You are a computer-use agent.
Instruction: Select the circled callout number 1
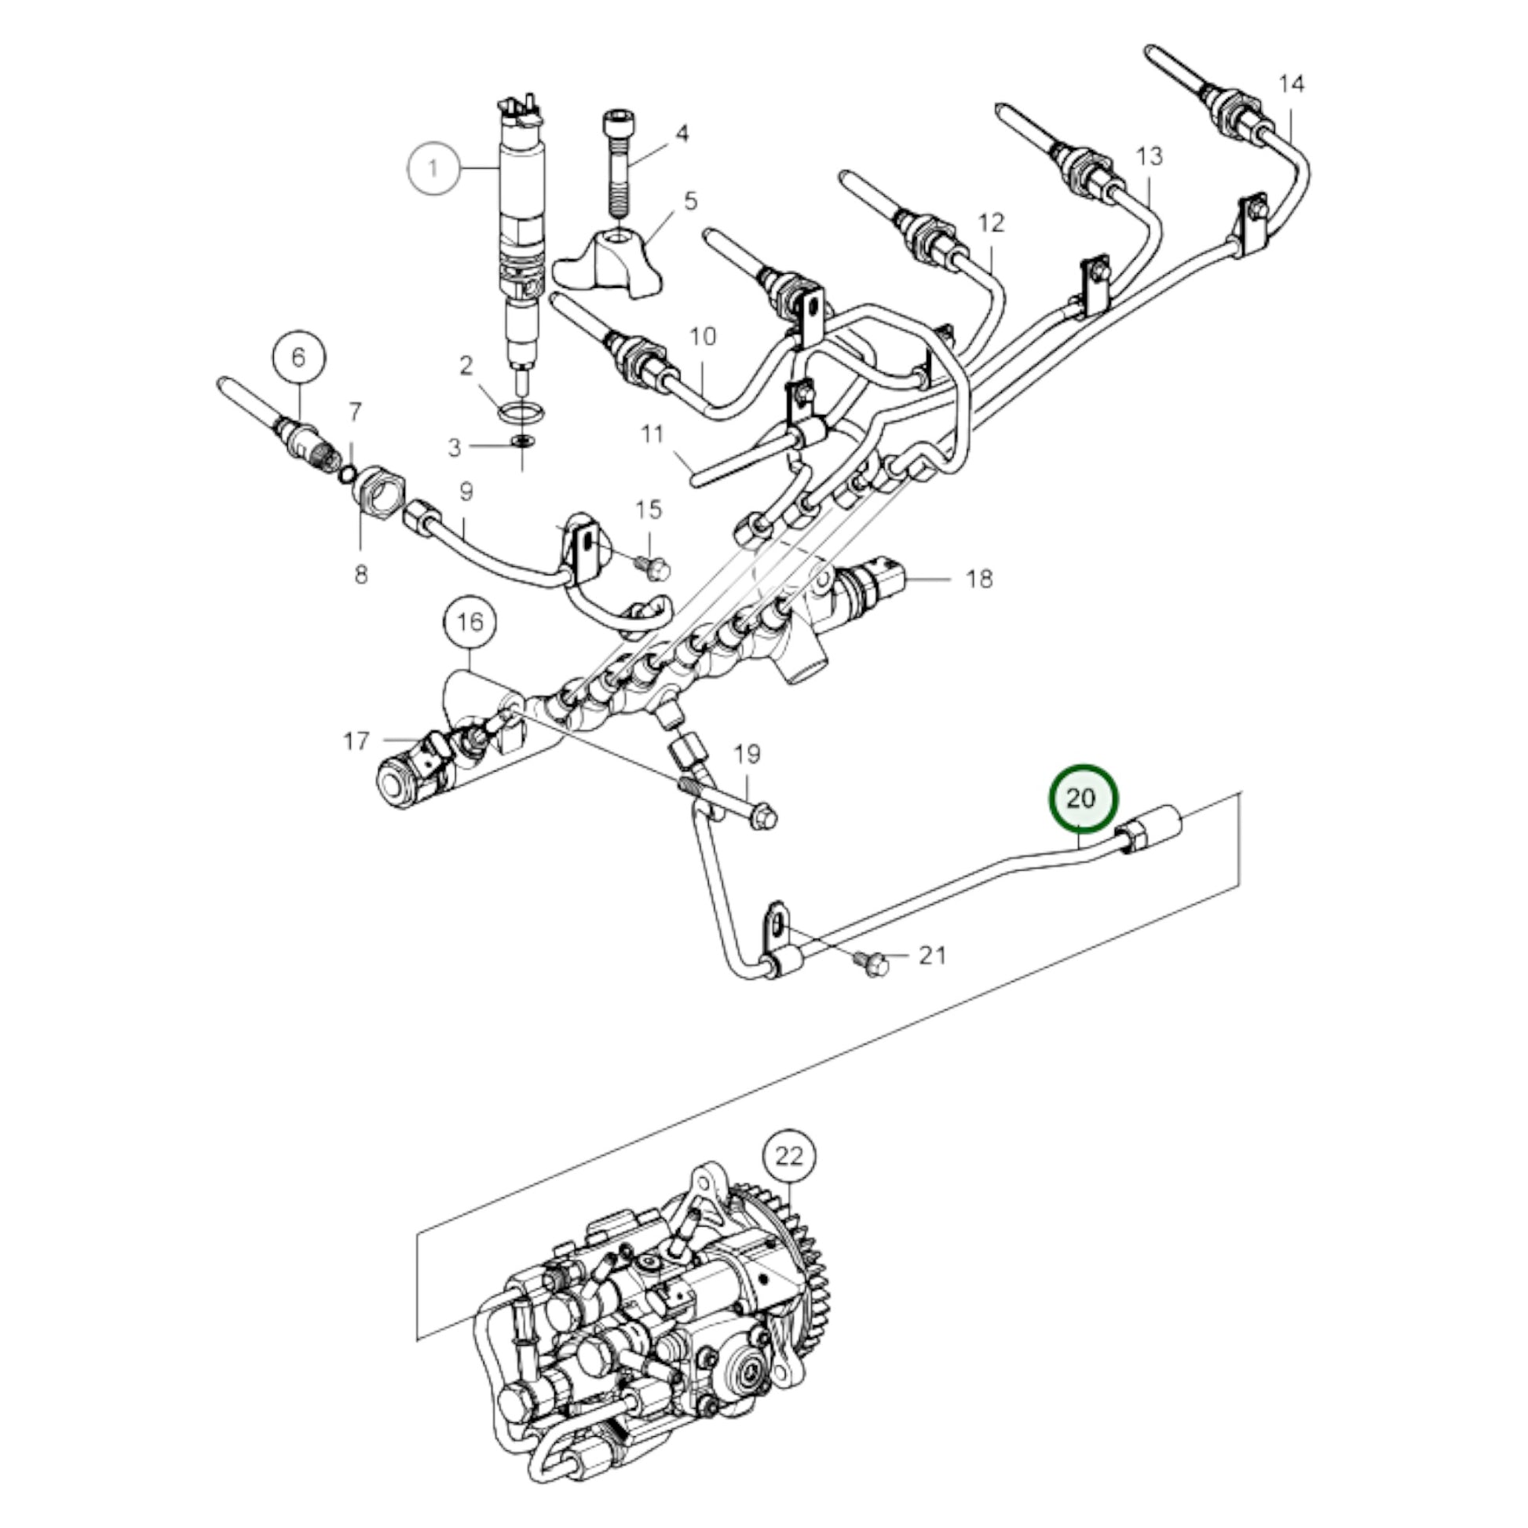433,168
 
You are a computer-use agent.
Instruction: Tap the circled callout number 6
299,357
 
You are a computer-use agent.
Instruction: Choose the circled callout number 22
788,1157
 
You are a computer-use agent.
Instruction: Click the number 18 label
978,579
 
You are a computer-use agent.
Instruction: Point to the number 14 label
1291,84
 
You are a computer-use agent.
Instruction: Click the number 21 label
933,956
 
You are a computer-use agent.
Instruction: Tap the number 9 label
466,492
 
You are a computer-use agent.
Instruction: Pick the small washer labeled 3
522,440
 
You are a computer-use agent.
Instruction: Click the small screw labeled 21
872,963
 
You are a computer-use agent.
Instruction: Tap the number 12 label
990,224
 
